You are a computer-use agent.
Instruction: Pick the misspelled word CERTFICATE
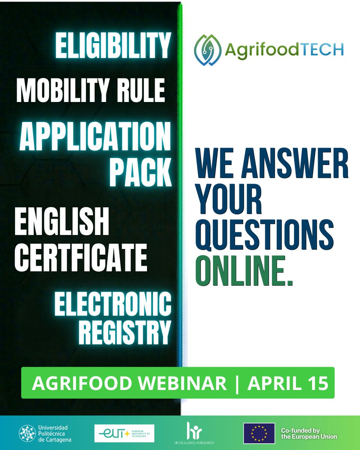[81, 258]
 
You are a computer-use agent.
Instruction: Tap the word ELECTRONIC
[113, 305]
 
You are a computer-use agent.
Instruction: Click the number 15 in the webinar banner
[317, 383]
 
